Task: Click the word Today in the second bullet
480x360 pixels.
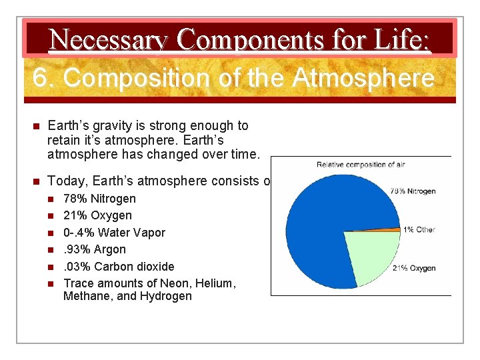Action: [x=68, y=181]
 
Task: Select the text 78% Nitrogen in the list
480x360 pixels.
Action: [x=99, y=199]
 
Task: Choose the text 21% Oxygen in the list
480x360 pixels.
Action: [x=97, y=215]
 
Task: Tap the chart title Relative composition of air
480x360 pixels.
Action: [x=361, y=164]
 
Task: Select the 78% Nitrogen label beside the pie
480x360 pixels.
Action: [x=413, y=191]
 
